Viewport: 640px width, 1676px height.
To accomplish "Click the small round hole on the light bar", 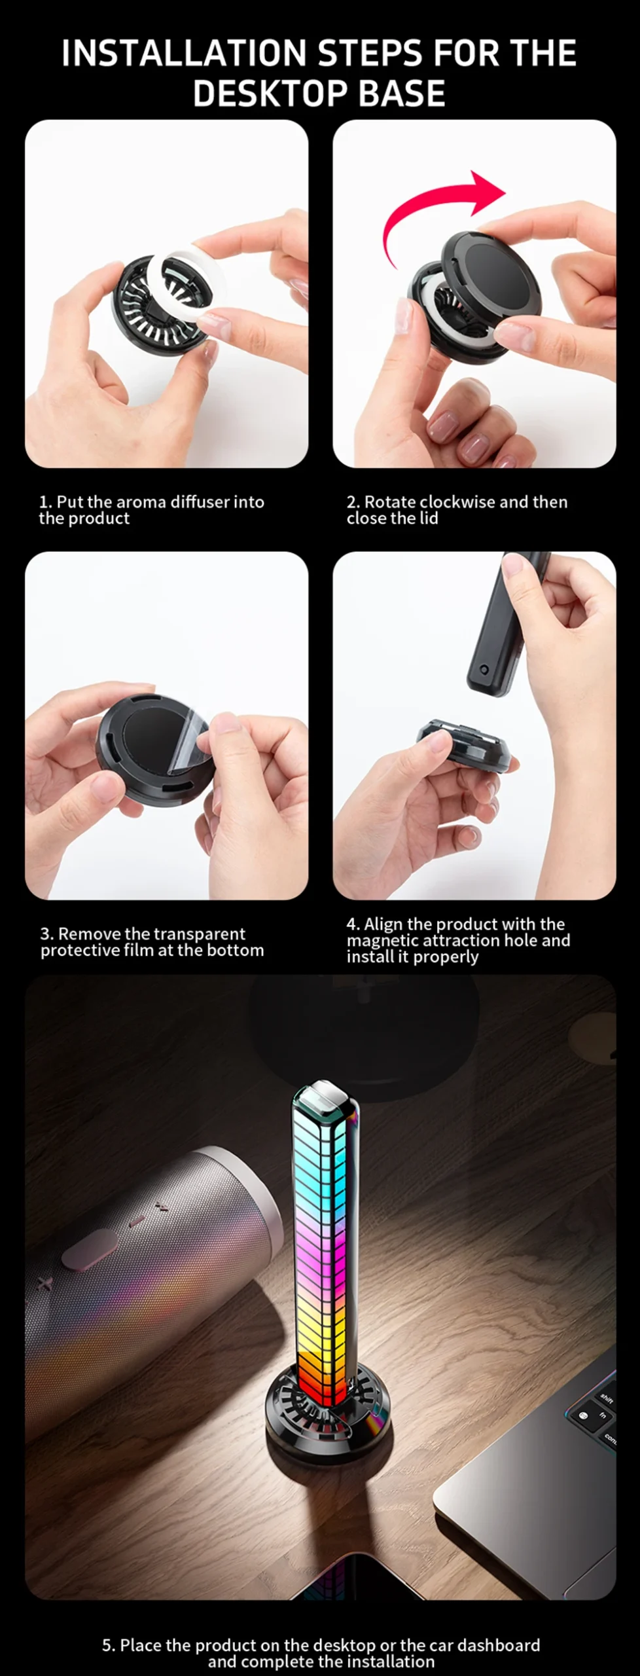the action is [484, 670].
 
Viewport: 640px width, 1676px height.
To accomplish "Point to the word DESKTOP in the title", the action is [271, 93].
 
